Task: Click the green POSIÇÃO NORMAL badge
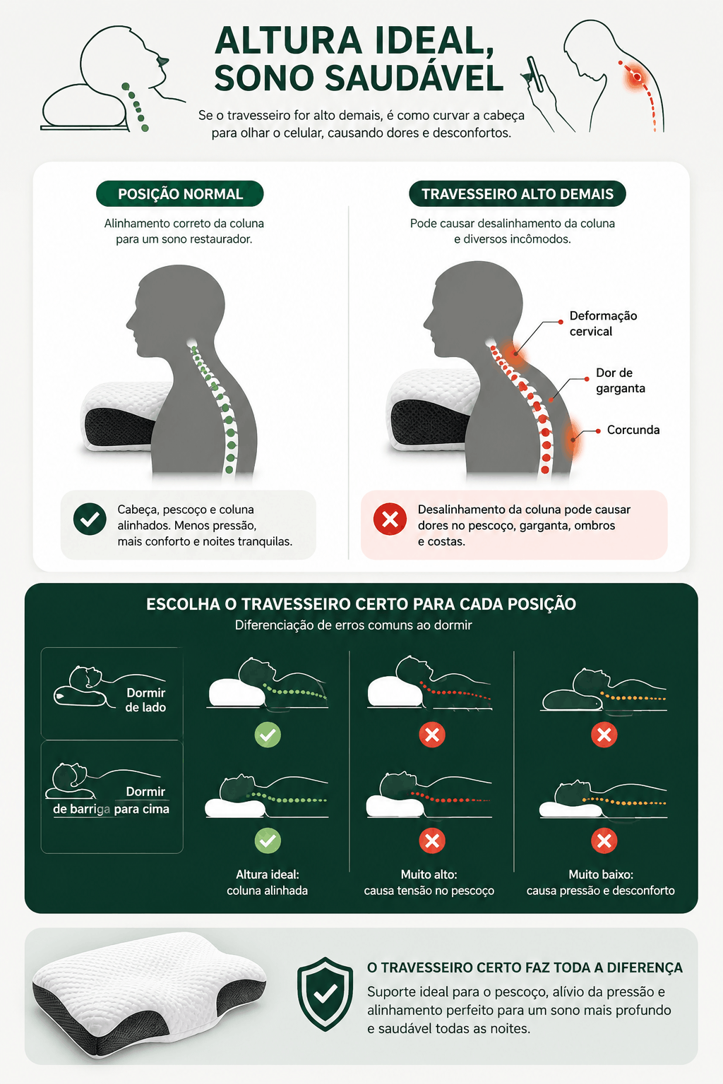[180, 194]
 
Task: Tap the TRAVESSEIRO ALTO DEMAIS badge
[518, 194]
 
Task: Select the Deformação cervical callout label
[603, 324]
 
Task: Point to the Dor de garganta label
[621, 380]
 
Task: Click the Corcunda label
[633, 430]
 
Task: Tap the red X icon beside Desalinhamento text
[390, 519]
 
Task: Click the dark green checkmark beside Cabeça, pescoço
[90, 519]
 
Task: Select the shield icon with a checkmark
[325, 994]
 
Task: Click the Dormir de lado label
[145, 700]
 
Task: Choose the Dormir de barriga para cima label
[112, 800]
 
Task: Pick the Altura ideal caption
[268, 883]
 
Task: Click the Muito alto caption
[429, 883]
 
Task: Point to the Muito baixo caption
[600, 883]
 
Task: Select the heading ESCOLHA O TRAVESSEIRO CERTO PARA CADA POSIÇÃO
[361, 604]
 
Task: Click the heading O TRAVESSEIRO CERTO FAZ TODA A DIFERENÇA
[525, 968]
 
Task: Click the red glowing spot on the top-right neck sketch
[638, 76]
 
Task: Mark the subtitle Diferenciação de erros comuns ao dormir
[354, 625]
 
